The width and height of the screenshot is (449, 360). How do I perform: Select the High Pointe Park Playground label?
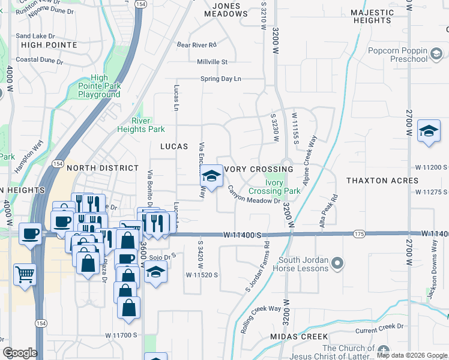(x=100, y=86)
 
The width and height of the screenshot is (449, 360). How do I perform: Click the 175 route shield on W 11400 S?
(x=359, y=233)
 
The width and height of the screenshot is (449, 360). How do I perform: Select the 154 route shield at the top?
(x=141, y=4)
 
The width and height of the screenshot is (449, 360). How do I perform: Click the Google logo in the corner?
(x=20, y=353)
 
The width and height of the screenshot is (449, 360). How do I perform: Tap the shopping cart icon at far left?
(x=25, y=275)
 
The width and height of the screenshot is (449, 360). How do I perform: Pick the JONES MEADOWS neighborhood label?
(x=222, y=10)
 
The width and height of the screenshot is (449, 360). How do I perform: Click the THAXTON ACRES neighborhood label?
(x=382, y=181)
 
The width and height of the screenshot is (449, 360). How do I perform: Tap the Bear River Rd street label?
(x=196, y=44)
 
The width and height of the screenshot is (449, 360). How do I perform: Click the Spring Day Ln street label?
(x=220, y=79)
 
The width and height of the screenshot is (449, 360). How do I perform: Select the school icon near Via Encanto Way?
(x=211, y=175)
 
